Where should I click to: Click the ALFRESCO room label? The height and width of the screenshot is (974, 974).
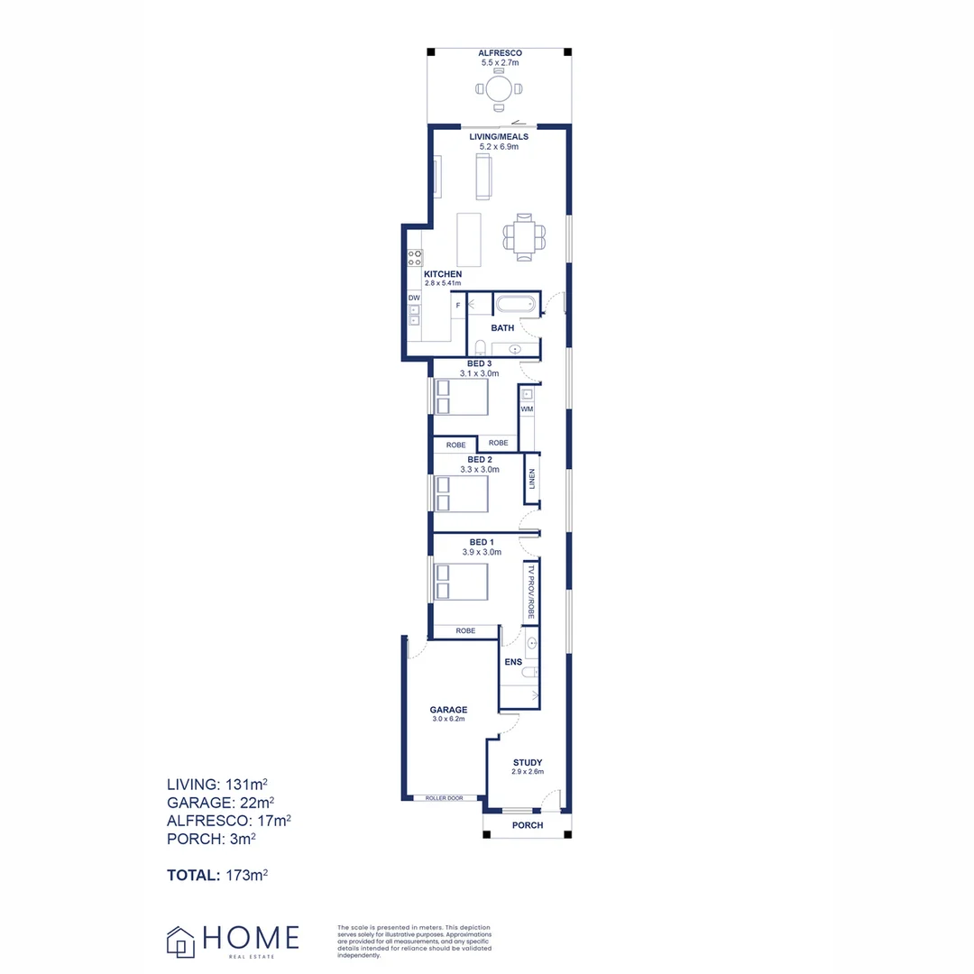click(501, 54)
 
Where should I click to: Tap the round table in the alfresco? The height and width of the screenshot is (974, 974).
click(499, 88)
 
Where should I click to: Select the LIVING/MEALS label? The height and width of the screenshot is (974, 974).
click(499, 137)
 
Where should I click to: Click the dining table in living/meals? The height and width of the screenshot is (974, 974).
click(524, 236)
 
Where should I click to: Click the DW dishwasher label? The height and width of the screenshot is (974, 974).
click(414, 298)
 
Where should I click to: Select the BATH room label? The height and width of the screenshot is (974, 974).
click(502, 328)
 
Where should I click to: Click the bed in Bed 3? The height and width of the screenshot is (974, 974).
click(462, 397)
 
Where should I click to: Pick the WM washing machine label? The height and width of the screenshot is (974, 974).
click(527, 409)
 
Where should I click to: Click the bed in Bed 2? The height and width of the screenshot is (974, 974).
click(462, 493)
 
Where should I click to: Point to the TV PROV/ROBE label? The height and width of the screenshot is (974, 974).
click(532, 592)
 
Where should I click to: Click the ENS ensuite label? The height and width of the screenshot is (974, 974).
click(513, 662)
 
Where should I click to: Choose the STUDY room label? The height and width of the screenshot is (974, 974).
click(528, 762)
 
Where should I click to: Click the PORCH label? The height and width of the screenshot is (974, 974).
click(528, 825)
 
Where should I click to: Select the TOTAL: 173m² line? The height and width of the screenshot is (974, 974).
click(217, 875)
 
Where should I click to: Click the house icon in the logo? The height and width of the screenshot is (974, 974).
click(180, 942)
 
